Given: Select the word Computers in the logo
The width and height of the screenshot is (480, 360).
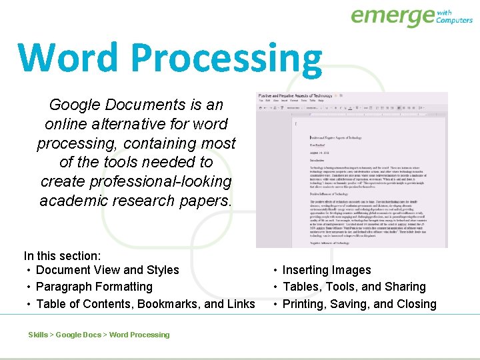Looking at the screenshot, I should [x=454, y=20].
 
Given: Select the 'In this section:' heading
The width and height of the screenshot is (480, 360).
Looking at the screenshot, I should [x=63, y=255].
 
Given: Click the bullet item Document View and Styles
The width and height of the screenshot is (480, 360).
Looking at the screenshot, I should [x=107, y=270].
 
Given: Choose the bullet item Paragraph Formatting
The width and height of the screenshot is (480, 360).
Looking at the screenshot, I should [x=94, y=287].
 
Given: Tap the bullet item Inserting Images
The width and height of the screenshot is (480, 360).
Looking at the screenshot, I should [x=327, y=270].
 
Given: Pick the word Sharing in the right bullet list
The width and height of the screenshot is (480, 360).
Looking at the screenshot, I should [x=405, y=287].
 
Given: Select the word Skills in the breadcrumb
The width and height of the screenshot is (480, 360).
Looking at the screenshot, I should [x=37, y=335].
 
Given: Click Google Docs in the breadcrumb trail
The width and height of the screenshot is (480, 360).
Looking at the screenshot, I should [x=78, y=335].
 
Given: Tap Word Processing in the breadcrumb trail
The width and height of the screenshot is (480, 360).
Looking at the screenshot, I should [x=139, y=335].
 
